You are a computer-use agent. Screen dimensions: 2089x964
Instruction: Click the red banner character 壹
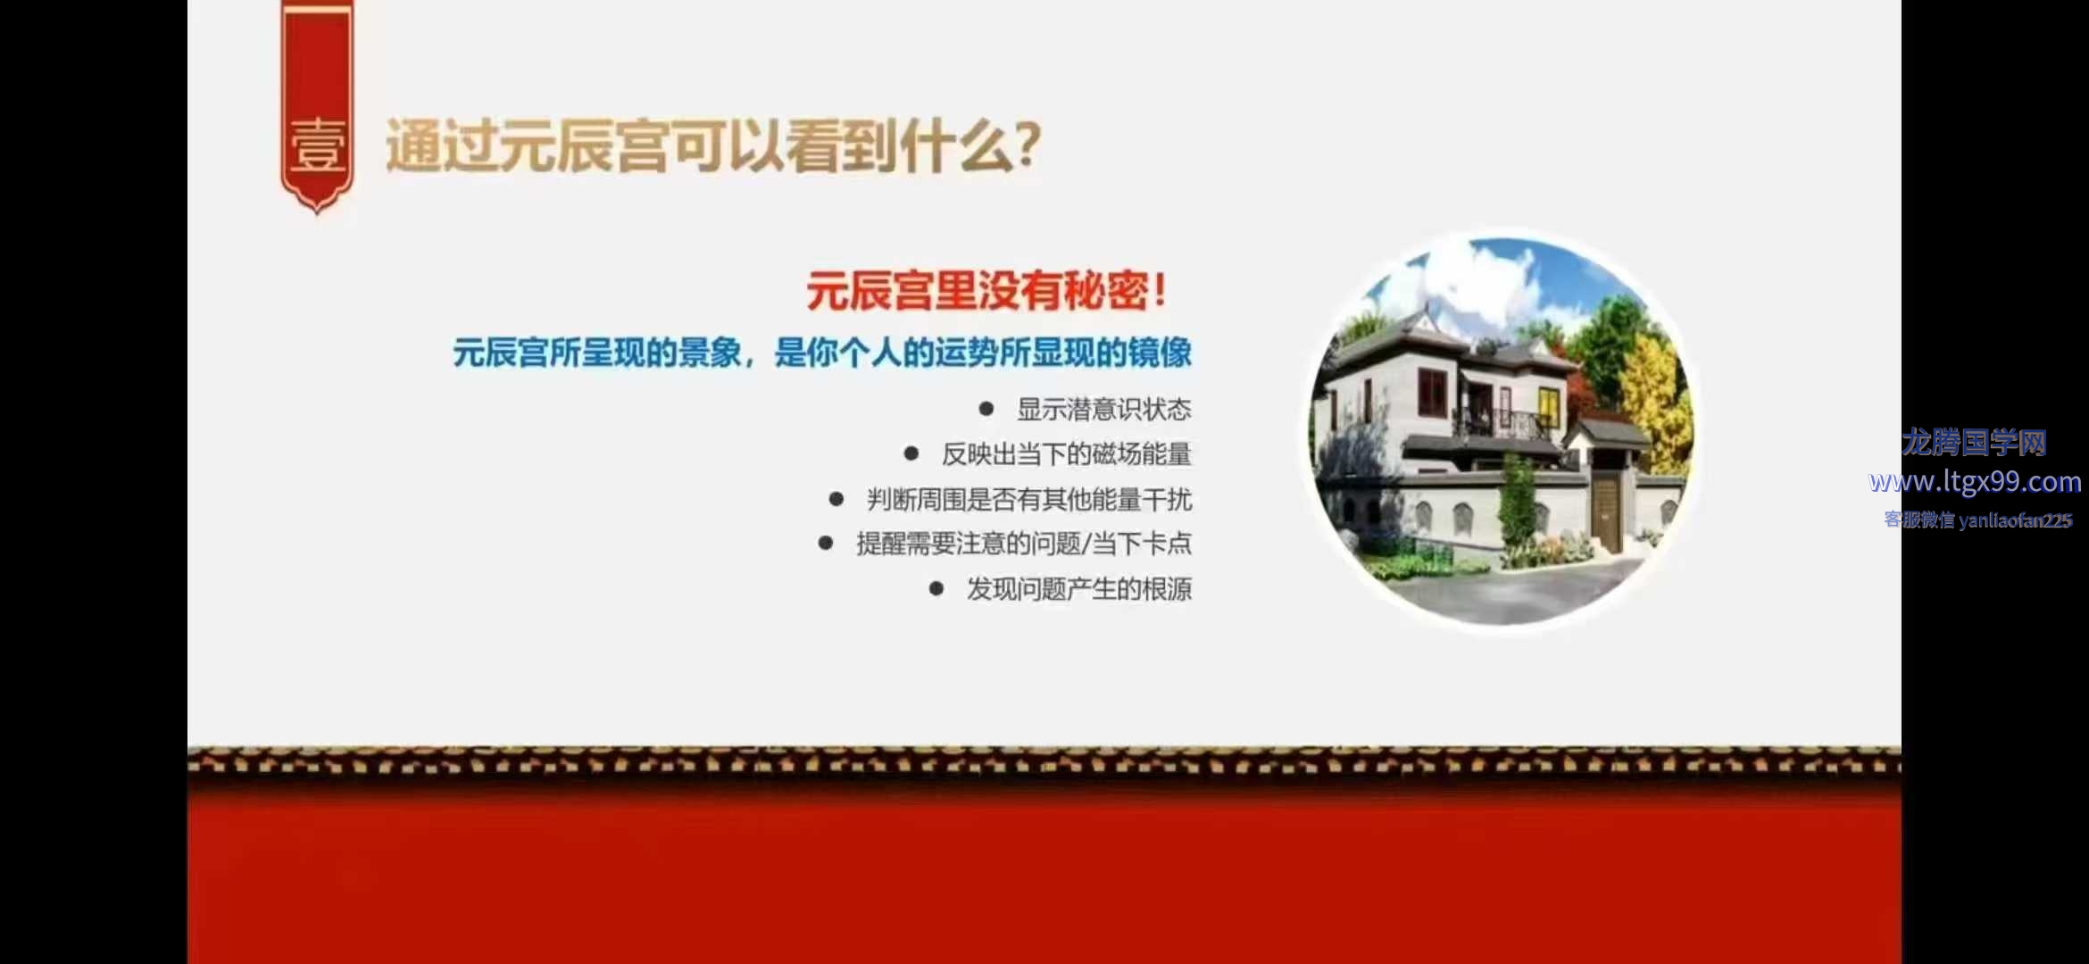coord(318,145)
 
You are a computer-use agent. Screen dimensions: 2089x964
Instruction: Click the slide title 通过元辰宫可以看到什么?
coord(713,145)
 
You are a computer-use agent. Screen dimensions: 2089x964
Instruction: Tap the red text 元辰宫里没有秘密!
coord(986,291)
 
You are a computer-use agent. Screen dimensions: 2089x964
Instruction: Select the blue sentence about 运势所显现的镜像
coord(822,353)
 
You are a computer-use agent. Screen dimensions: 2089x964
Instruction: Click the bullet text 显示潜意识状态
coord(1104,410)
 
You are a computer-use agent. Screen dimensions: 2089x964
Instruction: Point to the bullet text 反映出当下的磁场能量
coord(1067,454)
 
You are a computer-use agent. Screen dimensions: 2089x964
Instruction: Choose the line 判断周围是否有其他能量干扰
coord(1029,499)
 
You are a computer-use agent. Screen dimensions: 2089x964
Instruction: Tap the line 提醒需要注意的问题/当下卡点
coord(1024,544)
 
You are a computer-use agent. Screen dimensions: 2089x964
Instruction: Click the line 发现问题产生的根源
coord(1079,589)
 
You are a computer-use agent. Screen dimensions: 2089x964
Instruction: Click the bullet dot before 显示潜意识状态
coord(986,409)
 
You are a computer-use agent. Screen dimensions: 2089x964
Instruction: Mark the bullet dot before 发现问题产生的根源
coord(936,588)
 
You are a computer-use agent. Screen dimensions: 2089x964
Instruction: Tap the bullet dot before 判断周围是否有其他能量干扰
coord(836,499)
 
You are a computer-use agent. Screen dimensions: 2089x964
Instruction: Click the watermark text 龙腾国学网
coord(1974,442)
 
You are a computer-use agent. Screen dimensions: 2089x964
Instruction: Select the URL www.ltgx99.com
coord(1975,482)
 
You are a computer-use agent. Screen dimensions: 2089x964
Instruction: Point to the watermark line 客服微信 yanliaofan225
coord(1977,520)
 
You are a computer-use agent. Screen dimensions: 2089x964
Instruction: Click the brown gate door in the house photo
coord(1608,511)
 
